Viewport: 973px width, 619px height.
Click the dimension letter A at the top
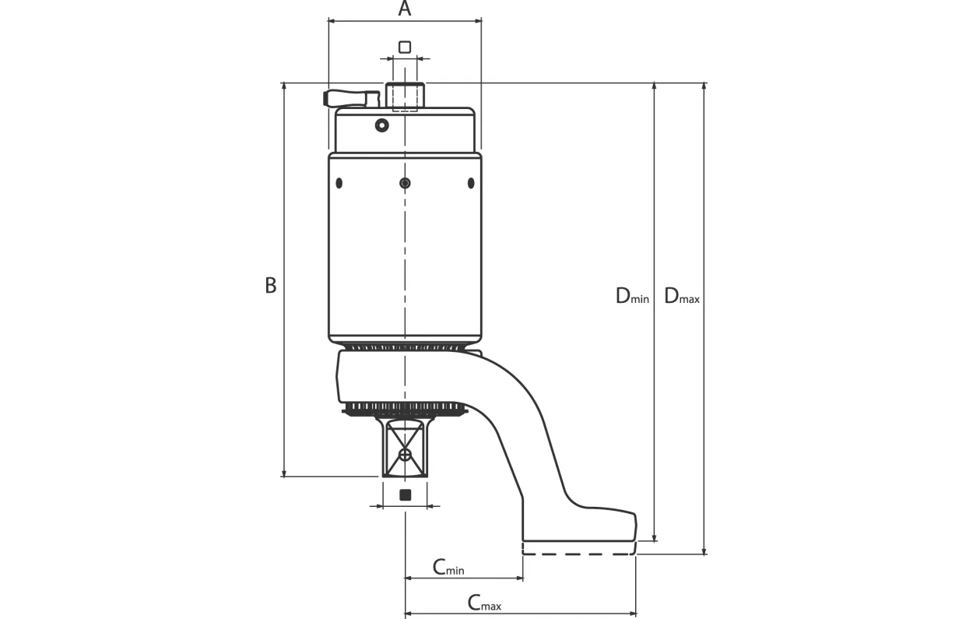tap(405, 9)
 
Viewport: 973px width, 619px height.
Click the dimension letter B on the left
tap(271, 286)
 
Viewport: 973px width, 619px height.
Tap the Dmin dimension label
tap(632, 296)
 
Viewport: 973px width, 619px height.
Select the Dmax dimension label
tap(682, 296)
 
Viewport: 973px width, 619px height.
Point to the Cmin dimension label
tap(448, 568)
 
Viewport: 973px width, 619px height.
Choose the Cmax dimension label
tap(484, 603)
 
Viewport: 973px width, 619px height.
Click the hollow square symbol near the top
tap(405, 47)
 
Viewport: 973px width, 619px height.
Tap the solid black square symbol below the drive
tap(406, 494)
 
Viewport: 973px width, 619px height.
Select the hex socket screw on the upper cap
tap(382, 125)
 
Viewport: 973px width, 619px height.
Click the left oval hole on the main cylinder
tap(339, 183)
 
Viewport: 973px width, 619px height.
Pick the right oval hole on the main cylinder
tap(471, 183)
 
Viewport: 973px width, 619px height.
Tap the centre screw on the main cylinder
tap(405, 183)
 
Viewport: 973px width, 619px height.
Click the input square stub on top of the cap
tap(406, 95)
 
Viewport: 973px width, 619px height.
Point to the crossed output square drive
tap(406, 448)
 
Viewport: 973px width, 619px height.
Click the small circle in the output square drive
tap(405, 455)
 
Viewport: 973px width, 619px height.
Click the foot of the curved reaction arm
tap(579, 525)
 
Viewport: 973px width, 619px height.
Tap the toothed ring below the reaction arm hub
tap(405, 408)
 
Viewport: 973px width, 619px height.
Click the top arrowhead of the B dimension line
tap(284, 86)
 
